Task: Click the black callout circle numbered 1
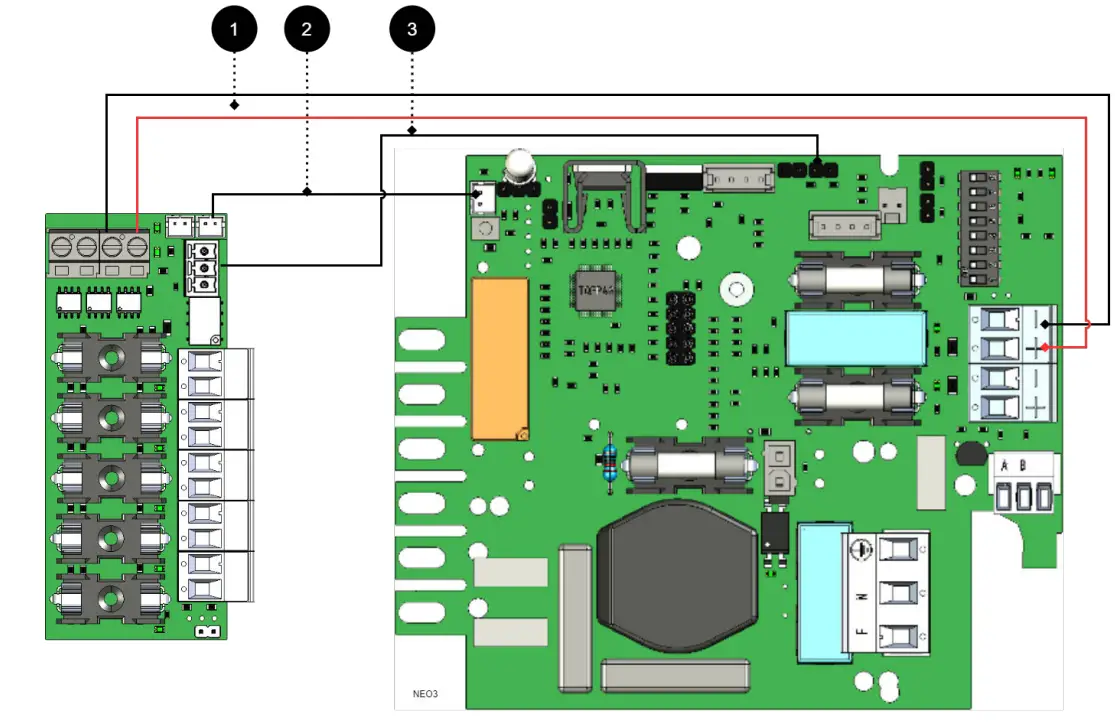(234, 30)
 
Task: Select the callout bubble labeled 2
(307, 30)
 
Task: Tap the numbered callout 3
(411, 30)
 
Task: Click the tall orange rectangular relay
(499, 358)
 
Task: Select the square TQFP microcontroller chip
(591, 290)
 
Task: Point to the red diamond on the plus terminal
(1044, 347)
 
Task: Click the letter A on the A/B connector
(1004, 465)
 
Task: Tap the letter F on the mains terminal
(859, 633)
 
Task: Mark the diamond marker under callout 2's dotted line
(307, 191)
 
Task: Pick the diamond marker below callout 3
(411, 131)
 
